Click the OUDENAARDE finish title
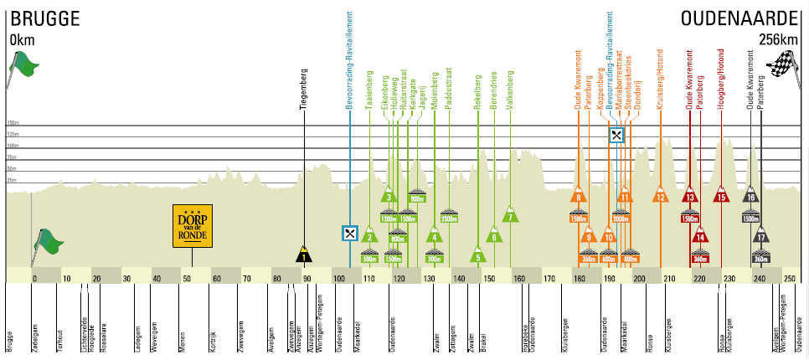[740, 18]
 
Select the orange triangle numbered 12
[661, 197]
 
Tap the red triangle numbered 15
[720, 197]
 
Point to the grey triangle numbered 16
[750, 196]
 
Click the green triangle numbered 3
[389, 197]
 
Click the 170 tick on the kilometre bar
[549, 278]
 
